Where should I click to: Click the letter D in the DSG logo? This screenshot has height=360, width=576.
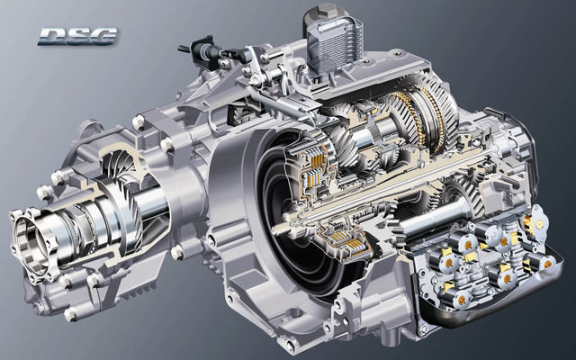[49, 37]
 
